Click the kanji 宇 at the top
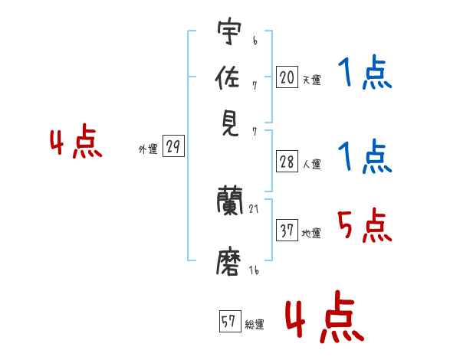[229, 33]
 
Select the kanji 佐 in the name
[229, 77]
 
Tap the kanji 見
[229, 123]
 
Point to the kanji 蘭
[229, 202]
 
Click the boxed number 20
[287, 77]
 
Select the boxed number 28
[287, 162]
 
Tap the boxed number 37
[287, 231]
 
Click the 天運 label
[311, 80]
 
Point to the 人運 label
[311, 164]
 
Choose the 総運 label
[255, 325]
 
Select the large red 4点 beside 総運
[324, 316]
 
